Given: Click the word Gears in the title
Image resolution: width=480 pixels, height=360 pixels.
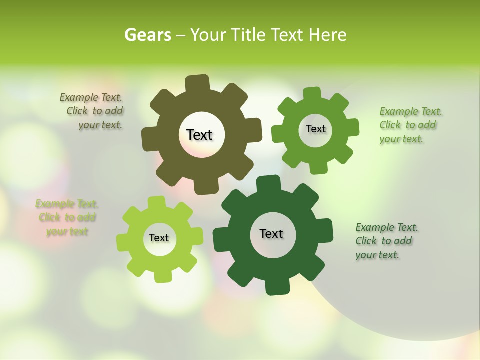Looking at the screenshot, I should [x=147, y=35].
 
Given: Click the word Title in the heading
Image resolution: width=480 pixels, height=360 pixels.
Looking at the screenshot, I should [x=249, y=35].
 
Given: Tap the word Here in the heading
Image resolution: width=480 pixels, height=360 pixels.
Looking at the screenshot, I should [x=328, y=35].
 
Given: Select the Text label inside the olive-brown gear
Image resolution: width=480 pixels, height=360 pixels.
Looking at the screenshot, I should [x=199, y=135].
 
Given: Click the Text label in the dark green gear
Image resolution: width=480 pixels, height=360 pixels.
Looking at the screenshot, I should [x=271, y=233].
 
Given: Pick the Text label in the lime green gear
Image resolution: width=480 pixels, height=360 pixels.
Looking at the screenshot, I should [x=159, y=238].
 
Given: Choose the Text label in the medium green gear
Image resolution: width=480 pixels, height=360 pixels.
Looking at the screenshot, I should [x=315, y=129].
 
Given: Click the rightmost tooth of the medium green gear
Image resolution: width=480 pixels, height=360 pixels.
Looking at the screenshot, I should [x=353, y=127].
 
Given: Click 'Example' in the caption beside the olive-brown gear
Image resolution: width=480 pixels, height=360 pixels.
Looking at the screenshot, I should [x=78, y=97].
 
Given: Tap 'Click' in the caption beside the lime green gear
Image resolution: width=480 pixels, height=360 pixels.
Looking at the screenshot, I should [x=49, y=217].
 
